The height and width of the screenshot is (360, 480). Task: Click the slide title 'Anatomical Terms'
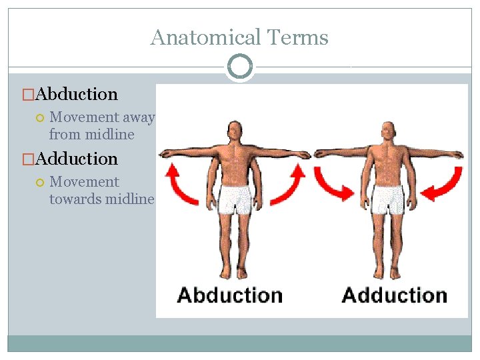(x=239, y=37)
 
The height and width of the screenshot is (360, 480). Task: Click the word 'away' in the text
(x=139, y=117)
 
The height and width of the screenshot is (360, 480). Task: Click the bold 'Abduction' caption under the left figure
(x=230, y=295)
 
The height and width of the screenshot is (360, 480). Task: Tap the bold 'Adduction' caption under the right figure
(x=394, y=295)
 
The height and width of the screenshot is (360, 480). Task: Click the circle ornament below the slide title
(x=239, y=67)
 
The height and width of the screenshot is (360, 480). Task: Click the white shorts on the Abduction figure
(x=235, y=199)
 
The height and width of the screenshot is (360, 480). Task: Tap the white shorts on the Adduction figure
(x=387, y=199)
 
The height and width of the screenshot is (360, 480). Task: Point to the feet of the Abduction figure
(x=235, y=271)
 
